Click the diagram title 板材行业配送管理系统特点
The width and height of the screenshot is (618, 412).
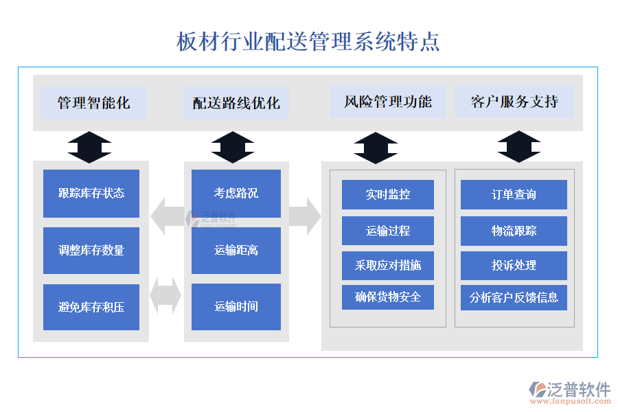308,41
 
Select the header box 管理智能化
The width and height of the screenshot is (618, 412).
93,103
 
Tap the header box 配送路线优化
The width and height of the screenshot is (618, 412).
236,103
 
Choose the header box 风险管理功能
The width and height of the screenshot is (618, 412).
388,102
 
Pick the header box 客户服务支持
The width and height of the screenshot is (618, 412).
514,102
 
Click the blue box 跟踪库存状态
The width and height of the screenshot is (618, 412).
91,194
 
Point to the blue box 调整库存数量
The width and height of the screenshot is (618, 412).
91,251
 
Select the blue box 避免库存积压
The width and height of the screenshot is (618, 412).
91,307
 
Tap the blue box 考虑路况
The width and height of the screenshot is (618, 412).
236,194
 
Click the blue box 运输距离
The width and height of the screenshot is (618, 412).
236,251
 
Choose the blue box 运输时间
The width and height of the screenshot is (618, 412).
236,307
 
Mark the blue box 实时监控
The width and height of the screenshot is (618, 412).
388,194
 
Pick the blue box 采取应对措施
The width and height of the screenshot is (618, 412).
388,265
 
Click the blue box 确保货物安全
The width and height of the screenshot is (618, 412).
388,297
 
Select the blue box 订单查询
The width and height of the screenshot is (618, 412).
514,194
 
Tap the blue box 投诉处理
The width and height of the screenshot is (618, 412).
514,265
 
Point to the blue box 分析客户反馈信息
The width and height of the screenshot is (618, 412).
514,297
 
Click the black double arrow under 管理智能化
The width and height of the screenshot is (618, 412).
90,147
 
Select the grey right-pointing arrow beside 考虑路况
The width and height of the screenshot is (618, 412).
305,216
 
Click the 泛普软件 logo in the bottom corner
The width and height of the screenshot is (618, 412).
570,391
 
